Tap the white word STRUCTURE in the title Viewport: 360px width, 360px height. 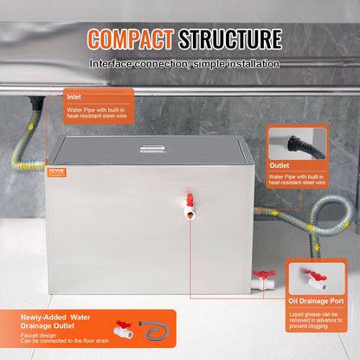[230, 39]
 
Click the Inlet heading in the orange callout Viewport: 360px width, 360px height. [74, 97]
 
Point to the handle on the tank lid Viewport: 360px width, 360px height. [152, 150]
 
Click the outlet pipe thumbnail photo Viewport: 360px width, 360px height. [296, 144]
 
